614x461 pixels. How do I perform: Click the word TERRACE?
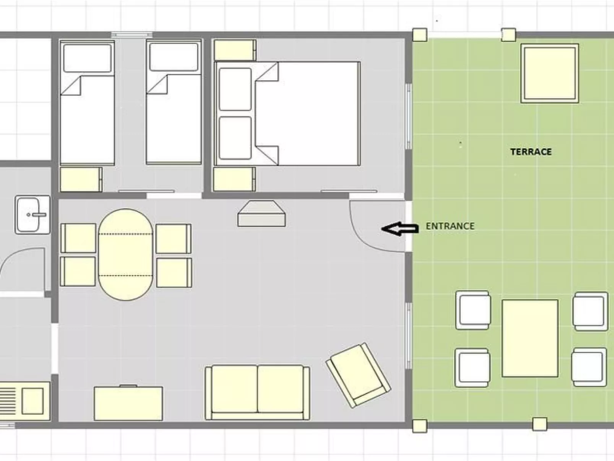coord(531,152)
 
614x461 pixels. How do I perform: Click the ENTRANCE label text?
coord(450,226)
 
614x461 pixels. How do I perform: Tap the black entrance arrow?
coord(400,229)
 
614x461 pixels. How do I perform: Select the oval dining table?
coord(126,254)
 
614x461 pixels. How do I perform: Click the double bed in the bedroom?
coord(287,114)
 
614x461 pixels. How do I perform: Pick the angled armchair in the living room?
coord(358,375)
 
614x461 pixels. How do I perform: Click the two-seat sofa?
coord(257,392)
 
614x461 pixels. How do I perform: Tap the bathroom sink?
coord(32,215)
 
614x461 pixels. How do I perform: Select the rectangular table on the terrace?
coord(530,339)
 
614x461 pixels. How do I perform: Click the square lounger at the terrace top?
coord(550,73)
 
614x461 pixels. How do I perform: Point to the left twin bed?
coord(87,103)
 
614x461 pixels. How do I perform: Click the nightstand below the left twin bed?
coord(81,179)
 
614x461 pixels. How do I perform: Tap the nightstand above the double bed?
coord(235,50)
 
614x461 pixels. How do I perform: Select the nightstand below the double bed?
coord(234,179)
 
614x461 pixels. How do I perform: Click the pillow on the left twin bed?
coord(87,58)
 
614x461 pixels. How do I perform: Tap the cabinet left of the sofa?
coord(128,403)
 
